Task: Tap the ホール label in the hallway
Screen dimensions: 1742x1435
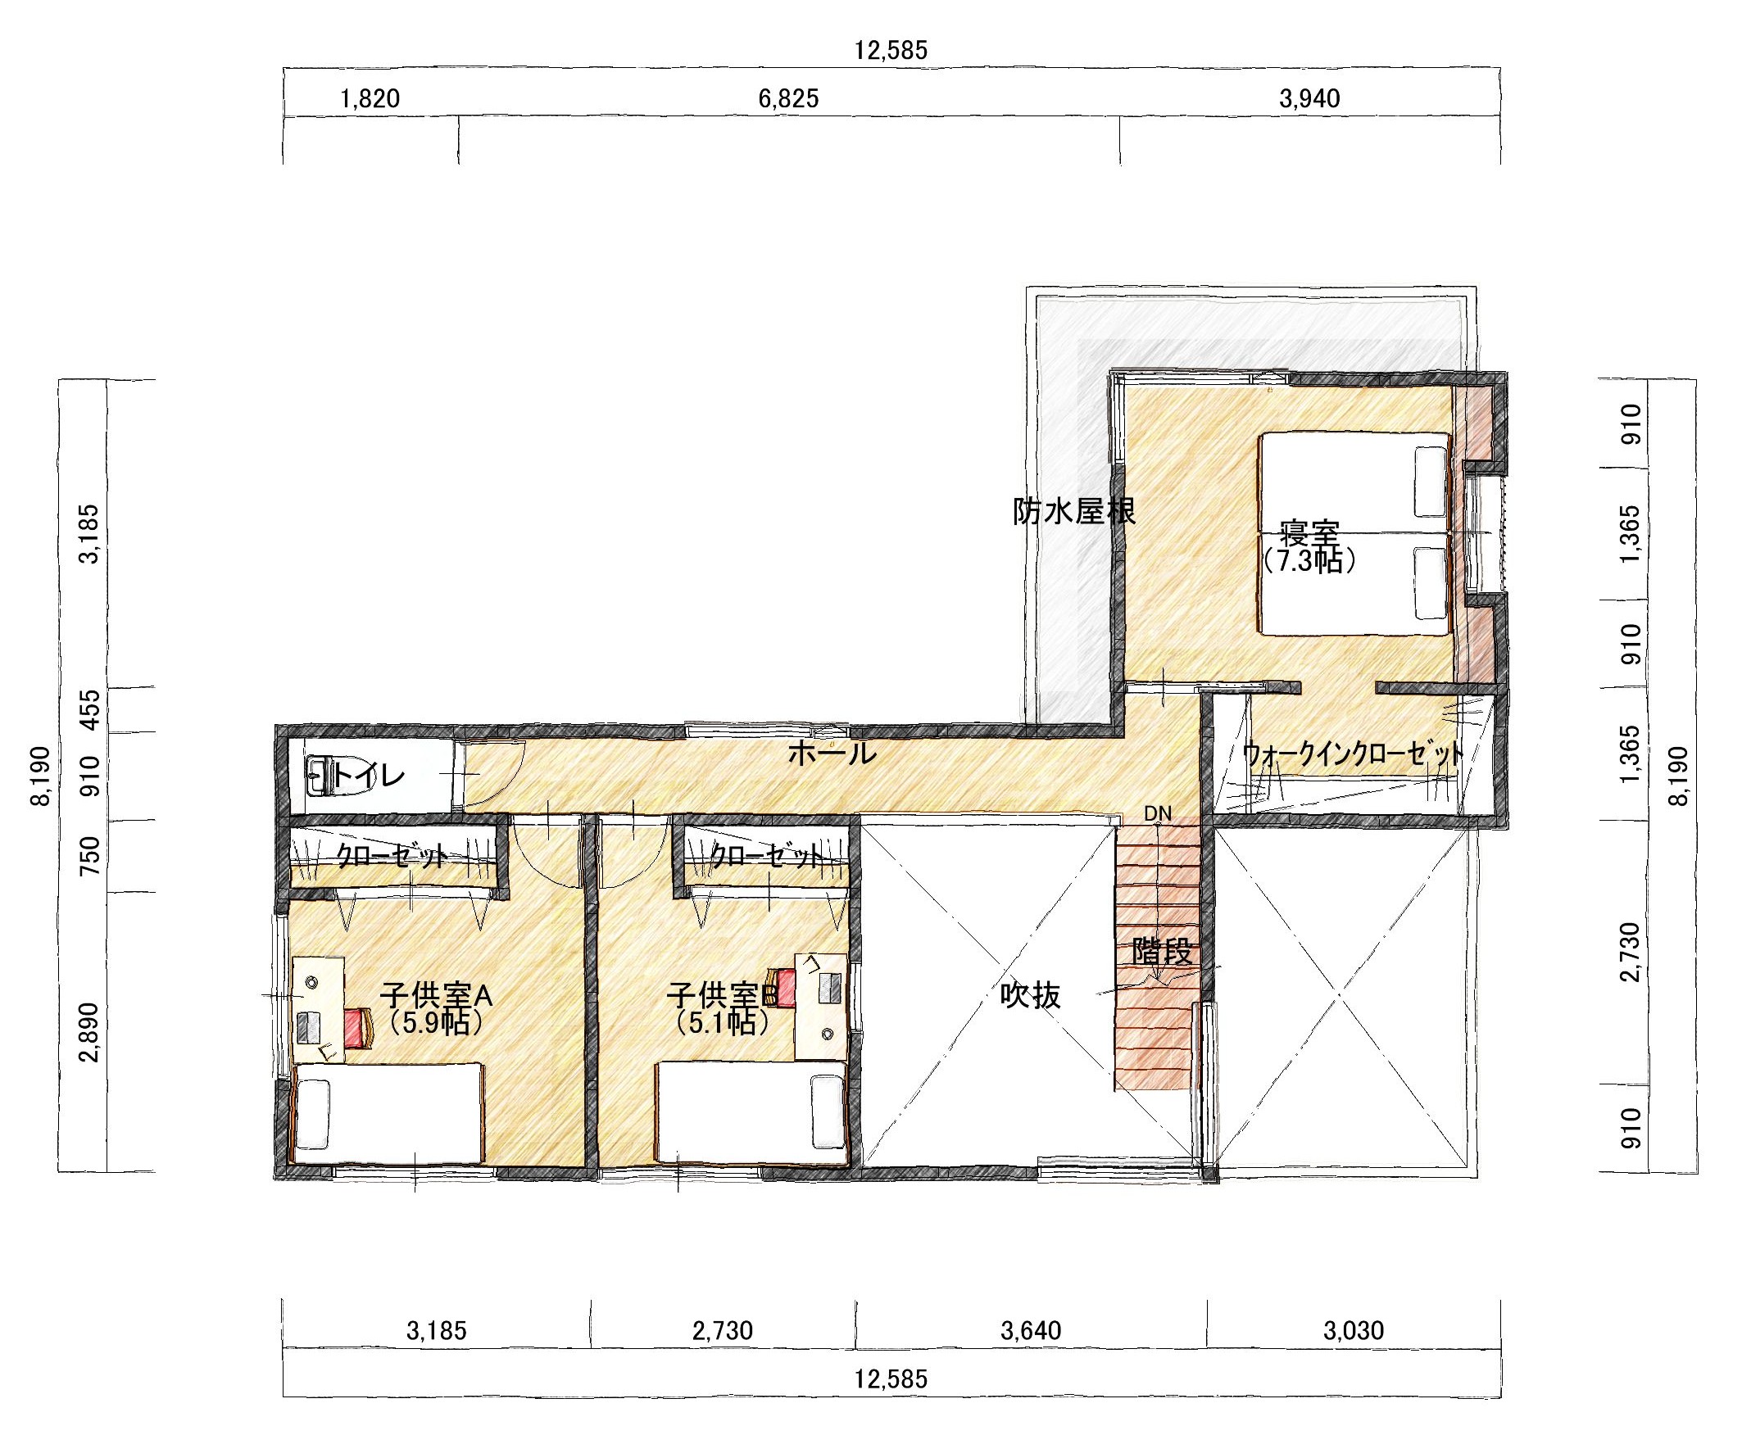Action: click(831, 753)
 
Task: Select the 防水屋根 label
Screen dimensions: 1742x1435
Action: click(1074, 512)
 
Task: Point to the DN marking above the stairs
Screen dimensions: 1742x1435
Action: click(1158, 813)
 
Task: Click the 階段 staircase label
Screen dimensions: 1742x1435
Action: click(1163, 953)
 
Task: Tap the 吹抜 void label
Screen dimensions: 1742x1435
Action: click(1030, 996)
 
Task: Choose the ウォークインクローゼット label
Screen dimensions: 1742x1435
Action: click(1354, 754)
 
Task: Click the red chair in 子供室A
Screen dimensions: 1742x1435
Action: click(358, 1027)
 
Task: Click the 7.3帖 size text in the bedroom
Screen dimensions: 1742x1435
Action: click(1309, 561)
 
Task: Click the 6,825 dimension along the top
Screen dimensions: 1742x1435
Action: click(788, 99)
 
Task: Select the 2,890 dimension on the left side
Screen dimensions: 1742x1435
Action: click(90, 1033)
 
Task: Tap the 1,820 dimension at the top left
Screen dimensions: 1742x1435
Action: click(370, 99)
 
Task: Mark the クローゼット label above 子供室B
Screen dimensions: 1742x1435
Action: click(766, 856)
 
